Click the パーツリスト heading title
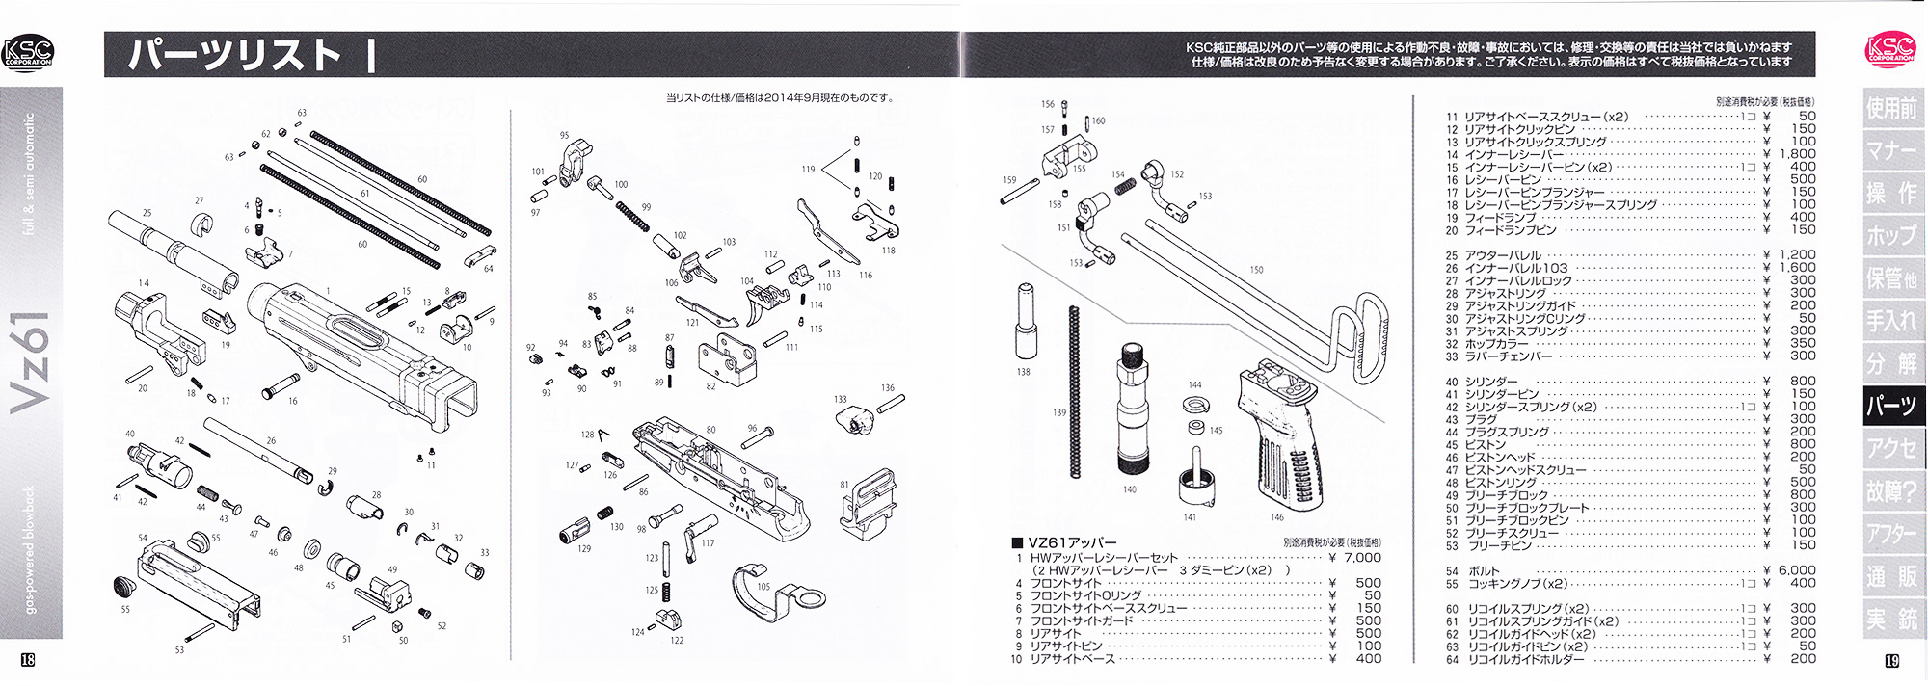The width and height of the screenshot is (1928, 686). coord(236,55)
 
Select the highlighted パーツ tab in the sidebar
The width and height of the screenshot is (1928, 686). coord(1891,406)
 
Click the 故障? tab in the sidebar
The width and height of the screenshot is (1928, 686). coord(1891,491)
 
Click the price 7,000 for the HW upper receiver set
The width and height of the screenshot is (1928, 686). coord(1354,558)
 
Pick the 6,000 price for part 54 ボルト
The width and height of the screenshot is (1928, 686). coord(1797,570)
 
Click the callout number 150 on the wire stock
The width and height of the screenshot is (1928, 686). coord(1256,270)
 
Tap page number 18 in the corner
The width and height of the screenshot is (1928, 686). coord(27,660)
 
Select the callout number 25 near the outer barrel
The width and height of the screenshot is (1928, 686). coord(147,214)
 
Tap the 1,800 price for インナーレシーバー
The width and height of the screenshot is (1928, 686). coord(1797,154)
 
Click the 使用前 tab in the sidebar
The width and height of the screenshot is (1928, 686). coord(1891,108)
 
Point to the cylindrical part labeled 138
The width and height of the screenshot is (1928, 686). coord(1024,323)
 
